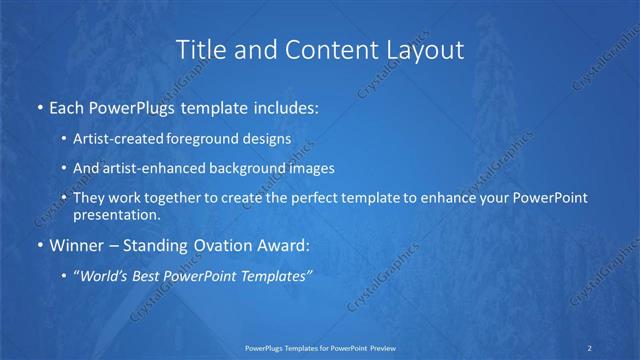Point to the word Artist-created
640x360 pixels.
[115, 139]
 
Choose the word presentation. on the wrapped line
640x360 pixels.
[116, 214]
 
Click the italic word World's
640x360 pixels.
[108, 276]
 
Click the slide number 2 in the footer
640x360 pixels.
[591, 348]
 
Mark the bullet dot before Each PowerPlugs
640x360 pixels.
[39, 106]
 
